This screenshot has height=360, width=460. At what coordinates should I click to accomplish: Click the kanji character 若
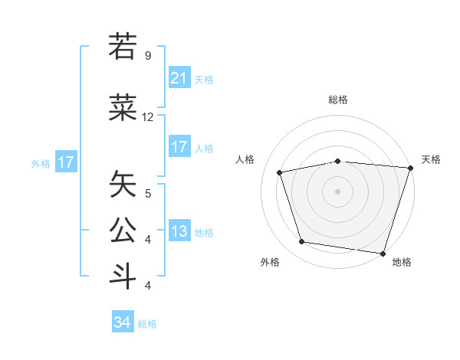pos(123,46)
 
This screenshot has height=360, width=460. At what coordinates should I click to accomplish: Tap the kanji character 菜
pos(123,109)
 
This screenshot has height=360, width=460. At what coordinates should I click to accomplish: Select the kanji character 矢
pos(123,184)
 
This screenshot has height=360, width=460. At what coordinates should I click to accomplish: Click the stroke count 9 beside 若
pos(148,55)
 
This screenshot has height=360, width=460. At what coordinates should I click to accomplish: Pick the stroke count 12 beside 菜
pos(148,117)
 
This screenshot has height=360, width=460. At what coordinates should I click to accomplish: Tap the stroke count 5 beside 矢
pos(148,193)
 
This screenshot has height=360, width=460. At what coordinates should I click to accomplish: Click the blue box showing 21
pos(179,78)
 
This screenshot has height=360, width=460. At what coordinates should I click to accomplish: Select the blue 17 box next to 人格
pos(179,147)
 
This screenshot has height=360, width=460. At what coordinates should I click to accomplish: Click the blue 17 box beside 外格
pos(65,162)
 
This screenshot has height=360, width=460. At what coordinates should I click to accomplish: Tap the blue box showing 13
pos(179,231)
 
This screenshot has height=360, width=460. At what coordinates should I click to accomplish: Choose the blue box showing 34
pos(123,322)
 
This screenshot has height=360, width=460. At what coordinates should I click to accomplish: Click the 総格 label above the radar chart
pos(337,100)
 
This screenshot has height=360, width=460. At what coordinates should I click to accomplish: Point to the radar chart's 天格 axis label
pos(432,159)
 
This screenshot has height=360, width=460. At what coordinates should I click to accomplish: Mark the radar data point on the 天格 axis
pos(410,167)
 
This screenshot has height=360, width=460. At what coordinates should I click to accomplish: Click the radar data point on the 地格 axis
pos(383,253)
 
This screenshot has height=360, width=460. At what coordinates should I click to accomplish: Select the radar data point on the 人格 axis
pos(280,172)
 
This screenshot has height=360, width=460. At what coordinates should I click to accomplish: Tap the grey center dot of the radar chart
pos(337,191)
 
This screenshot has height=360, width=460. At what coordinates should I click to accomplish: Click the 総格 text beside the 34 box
pos(147,324)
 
